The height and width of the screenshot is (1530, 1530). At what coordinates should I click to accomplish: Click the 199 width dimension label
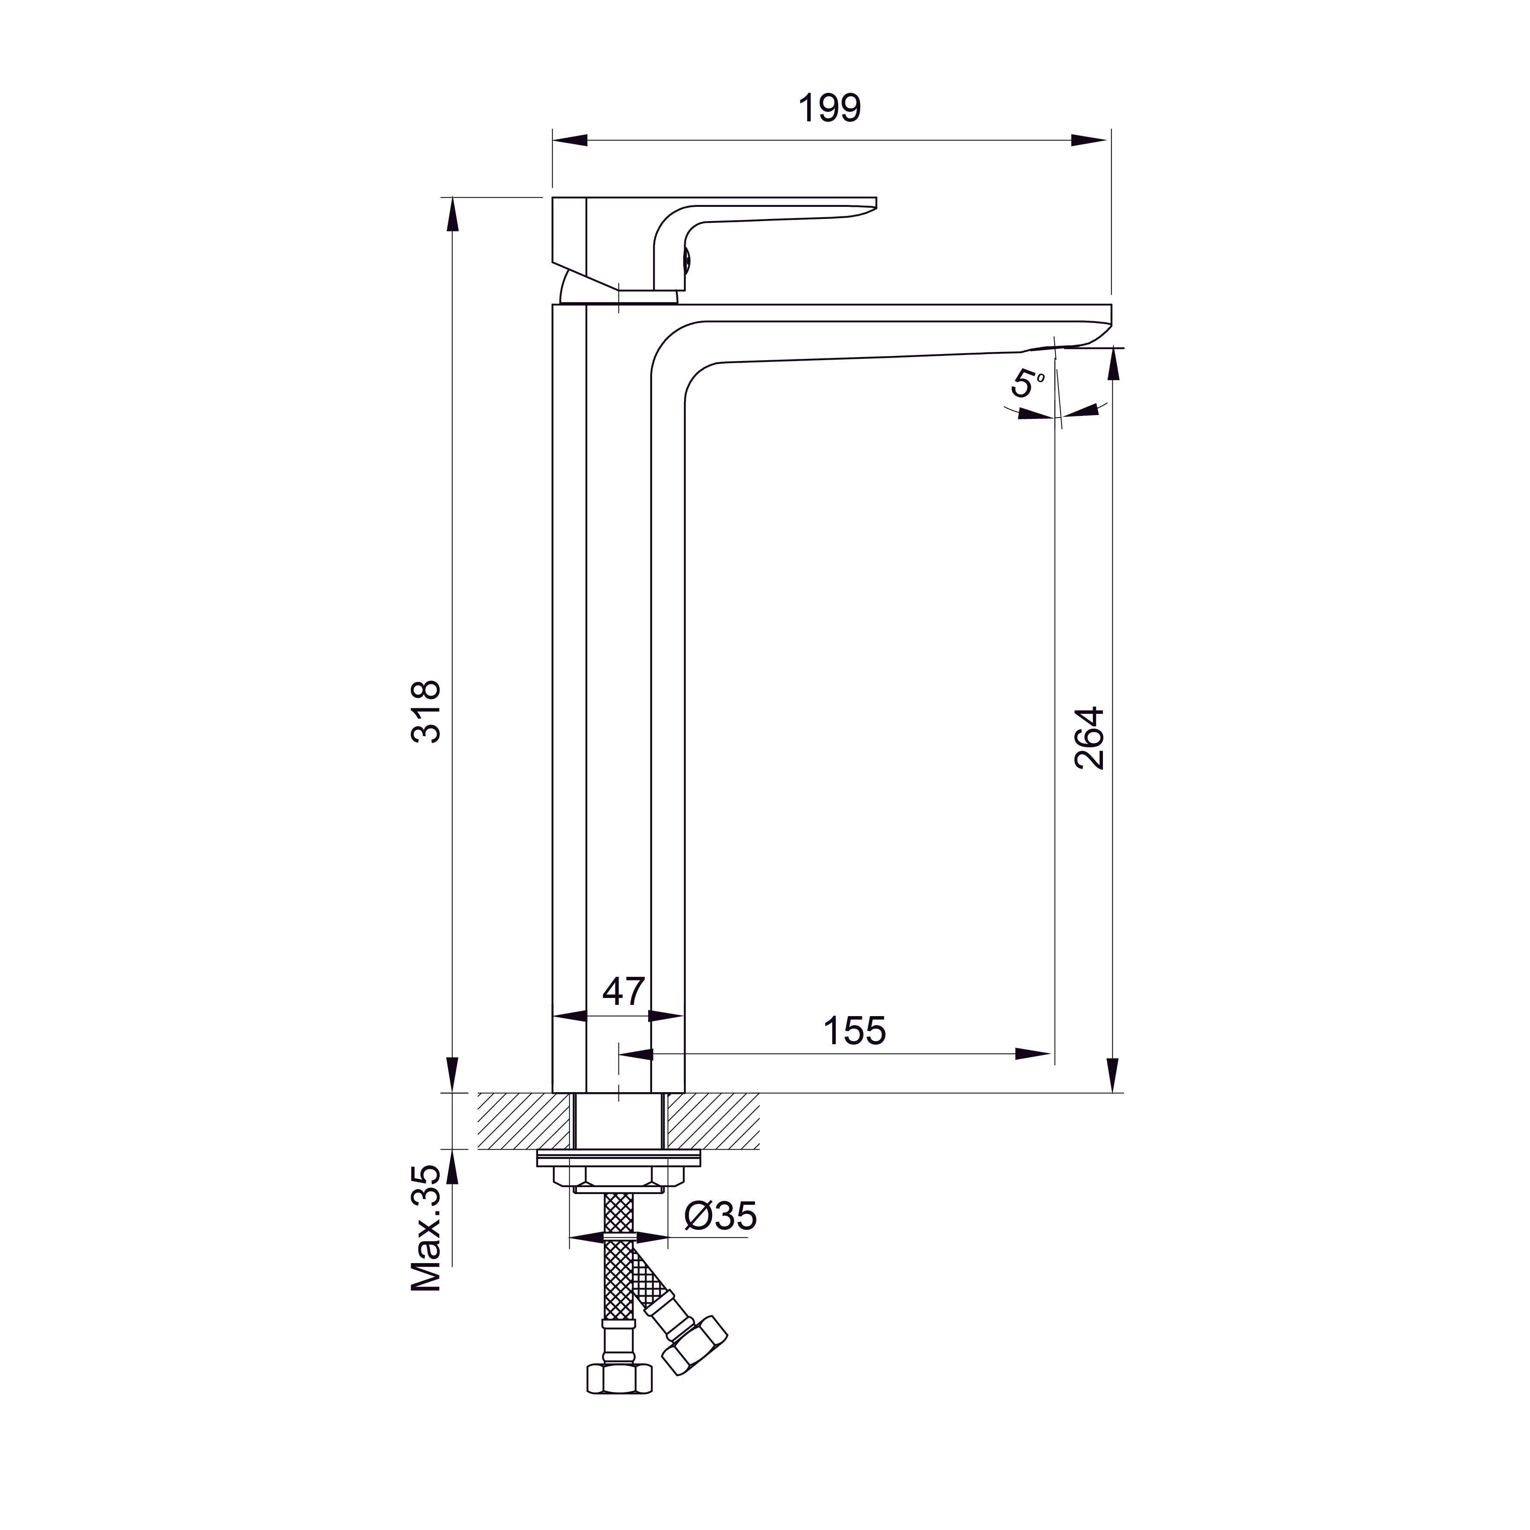(x=829, y=108)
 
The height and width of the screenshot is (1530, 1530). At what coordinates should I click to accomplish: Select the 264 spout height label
(x=1090, y=738)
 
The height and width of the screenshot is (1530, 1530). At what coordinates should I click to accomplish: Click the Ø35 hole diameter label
(x=720, y=1216)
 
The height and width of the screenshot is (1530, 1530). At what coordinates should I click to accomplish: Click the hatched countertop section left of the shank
(x=524, y=1121)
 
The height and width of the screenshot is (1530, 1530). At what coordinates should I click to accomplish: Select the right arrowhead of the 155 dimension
(x=1033, y=1054)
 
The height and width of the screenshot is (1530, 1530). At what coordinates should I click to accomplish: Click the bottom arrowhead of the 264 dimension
(x=1113, y=1075)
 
